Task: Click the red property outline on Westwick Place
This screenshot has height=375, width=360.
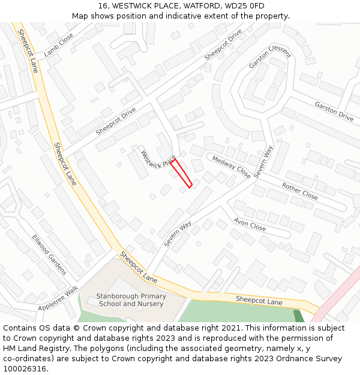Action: pos(182,173)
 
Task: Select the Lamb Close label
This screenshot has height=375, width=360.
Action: pos(58,44)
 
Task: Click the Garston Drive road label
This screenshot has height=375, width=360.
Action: pos(334,112)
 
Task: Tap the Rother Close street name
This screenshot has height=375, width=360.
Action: pos(299,191)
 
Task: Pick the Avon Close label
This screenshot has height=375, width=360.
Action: pos(250,225)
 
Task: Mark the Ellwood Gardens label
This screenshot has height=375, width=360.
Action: pos(49,254)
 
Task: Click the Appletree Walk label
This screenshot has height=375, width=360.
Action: pos(58,298)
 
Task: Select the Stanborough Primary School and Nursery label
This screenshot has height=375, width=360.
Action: pos(131,300)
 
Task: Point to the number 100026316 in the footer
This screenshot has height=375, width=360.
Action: pos(24,369)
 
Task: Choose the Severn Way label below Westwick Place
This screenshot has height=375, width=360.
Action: pos(178,234)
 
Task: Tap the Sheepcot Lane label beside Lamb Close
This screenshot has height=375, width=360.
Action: pos(28,51)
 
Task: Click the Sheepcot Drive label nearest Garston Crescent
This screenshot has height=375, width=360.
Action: pos(223,44)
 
